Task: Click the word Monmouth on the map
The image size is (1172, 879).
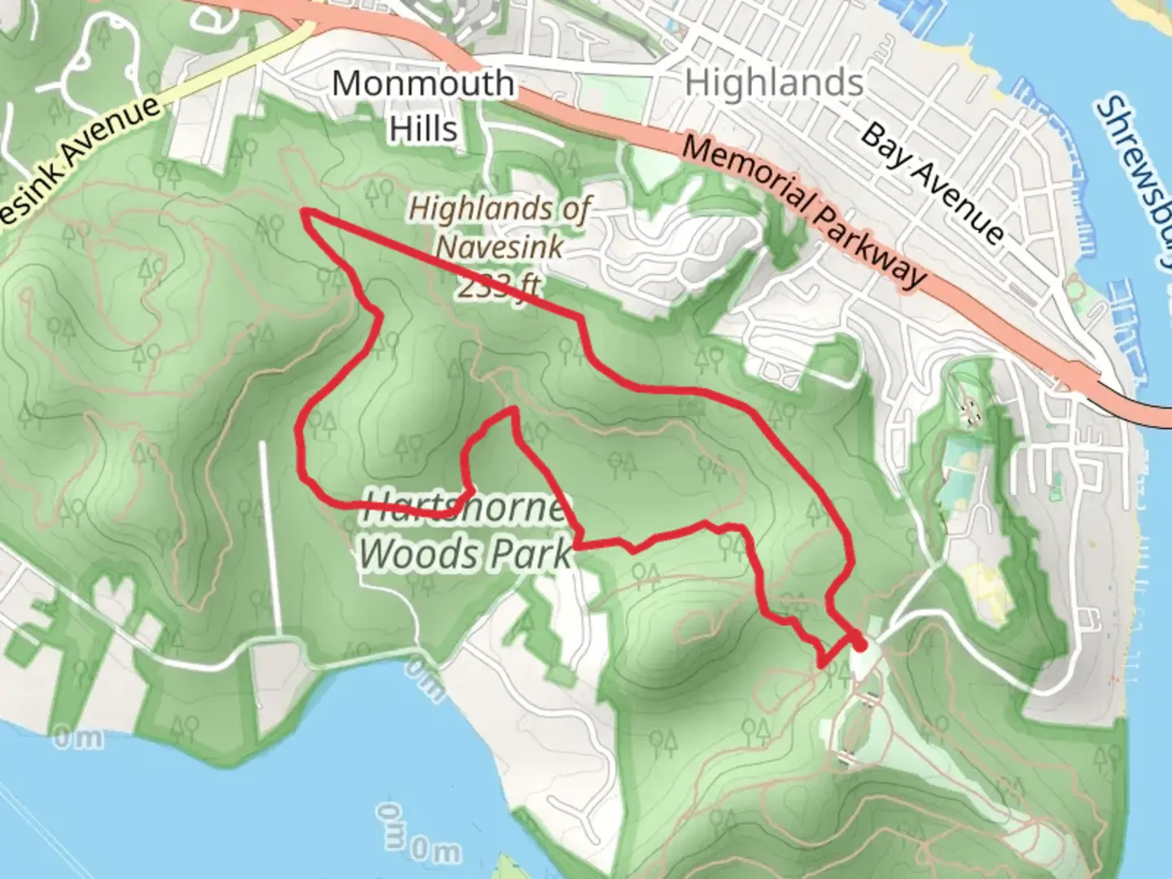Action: (422, 84)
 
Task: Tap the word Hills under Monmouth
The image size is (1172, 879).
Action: (422, 129)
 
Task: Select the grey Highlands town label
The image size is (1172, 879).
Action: (774, 83)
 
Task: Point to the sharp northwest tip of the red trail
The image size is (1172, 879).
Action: (305, 212)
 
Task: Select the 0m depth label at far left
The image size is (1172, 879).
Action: (79, 738)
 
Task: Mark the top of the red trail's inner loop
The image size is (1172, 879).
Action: (512, 411)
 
